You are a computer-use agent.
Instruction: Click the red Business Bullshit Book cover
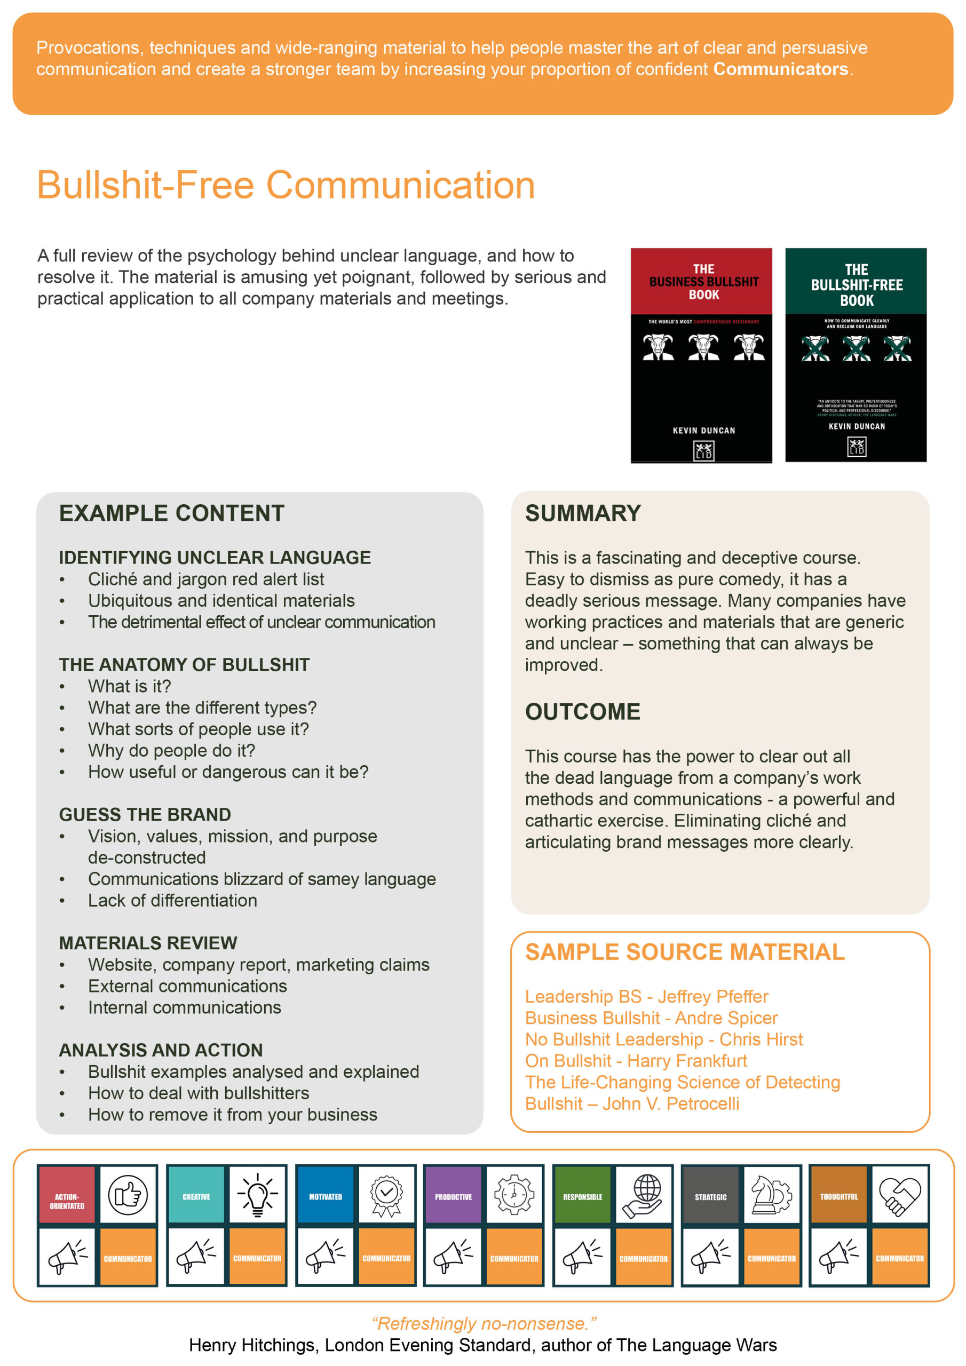[701, 355]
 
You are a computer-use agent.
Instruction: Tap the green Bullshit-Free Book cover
[856, 355]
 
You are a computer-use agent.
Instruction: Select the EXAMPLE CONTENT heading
[171, 513]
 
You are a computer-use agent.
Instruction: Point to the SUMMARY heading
[583, 513]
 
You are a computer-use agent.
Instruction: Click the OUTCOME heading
[582, 712]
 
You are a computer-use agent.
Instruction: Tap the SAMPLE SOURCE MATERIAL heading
[685, 952]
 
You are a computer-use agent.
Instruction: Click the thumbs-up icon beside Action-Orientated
[128, 1195]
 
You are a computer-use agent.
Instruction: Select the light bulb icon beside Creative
[257, 1195]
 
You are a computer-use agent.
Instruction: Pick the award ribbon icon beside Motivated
[386, 1195]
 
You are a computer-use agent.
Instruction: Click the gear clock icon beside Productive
[514, 1195]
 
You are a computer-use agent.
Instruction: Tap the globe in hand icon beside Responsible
[643, 1195]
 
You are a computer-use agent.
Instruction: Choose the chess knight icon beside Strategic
[771, 1195]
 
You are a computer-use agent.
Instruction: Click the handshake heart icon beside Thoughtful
[899, 1195]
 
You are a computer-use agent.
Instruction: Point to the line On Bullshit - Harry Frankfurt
[636, 1061]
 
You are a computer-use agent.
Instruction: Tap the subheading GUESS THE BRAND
[145, 814]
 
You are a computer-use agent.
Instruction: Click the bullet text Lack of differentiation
[172, 900]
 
